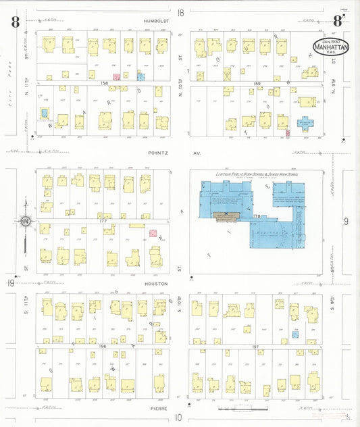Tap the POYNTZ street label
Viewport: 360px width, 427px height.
[155, 153]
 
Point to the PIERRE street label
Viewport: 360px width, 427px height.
[155, 407]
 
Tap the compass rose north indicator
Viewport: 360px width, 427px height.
[25, 221]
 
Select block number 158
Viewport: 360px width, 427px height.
[105, 83]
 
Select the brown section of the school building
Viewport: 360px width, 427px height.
[228, 216]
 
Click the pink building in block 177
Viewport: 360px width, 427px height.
[153, 233]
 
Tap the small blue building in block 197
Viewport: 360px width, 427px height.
[295, 334]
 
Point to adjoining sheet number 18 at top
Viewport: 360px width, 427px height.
[180, 12]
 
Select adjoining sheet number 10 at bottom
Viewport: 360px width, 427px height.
[179, 418]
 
